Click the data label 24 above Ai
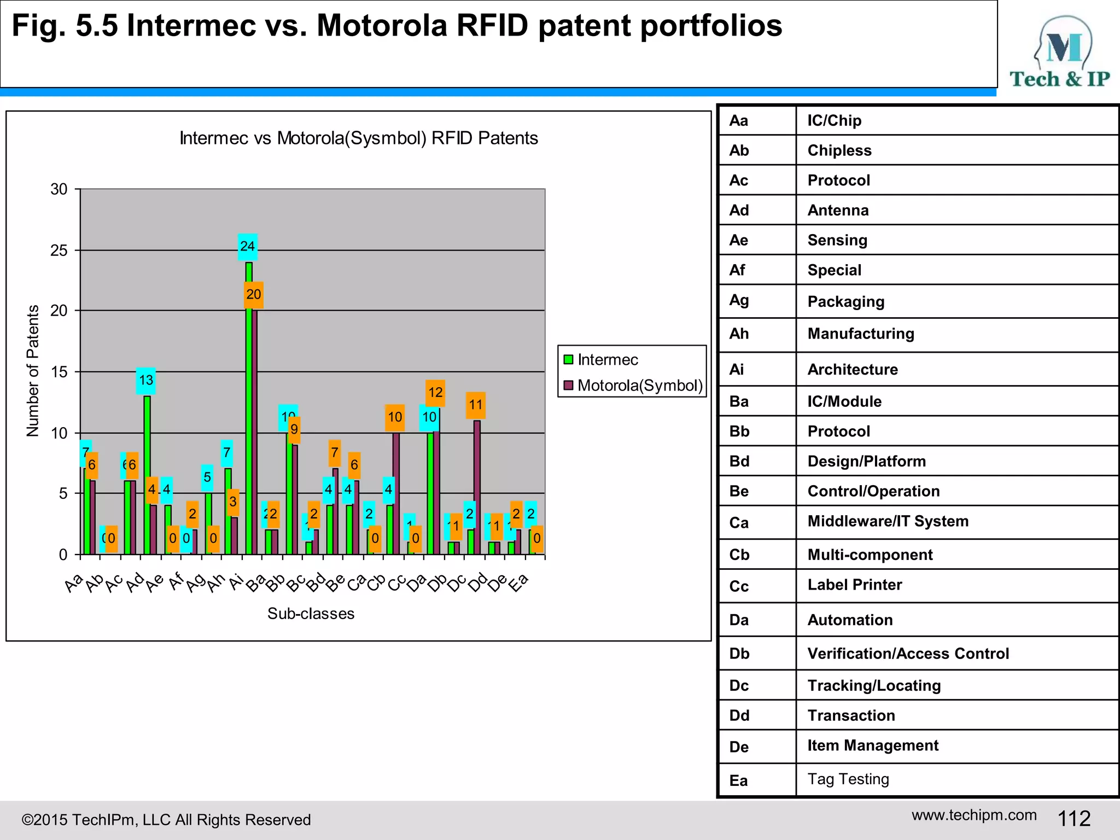pyautogui.click(x=247, y=247)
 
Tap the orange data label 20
pyautogui.click(x=253, y=295)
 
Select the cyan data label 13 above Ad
pyautogui.click(x=146, y=381)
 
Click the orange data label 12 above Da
pyautogui.click(x=435, y=393)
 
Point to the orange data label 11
pyautogui.click(x=476, y=405)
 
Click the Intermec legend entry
pyautogui.click(x=601, y=360)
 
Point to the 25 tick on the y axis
pyautogui.click(x=59, y=250)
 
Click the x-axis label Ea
pyautogui.click(x=518, y=583)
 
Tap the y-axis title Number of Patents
pyautogui.click(x=33, y=371)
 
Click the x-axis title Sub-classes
pyautogui.click(x=311, y=614)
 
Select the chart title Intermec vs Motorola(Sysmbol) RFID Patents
pyautogui.click(x=359, y=138)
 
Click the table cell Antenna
pyautogui.click(x=838, y=211)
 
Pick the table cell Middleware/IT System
pyautogui.click(x=888, y=521)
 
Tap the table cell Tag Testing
pyautogui.click(x=848, y=779)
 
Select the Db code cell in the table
pyautogui.click(x=739, y=654)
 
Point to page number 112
pyautogui.click(x=1074, y=819)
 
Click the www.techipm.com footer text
pyautogui.click(x=974, y=815)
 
